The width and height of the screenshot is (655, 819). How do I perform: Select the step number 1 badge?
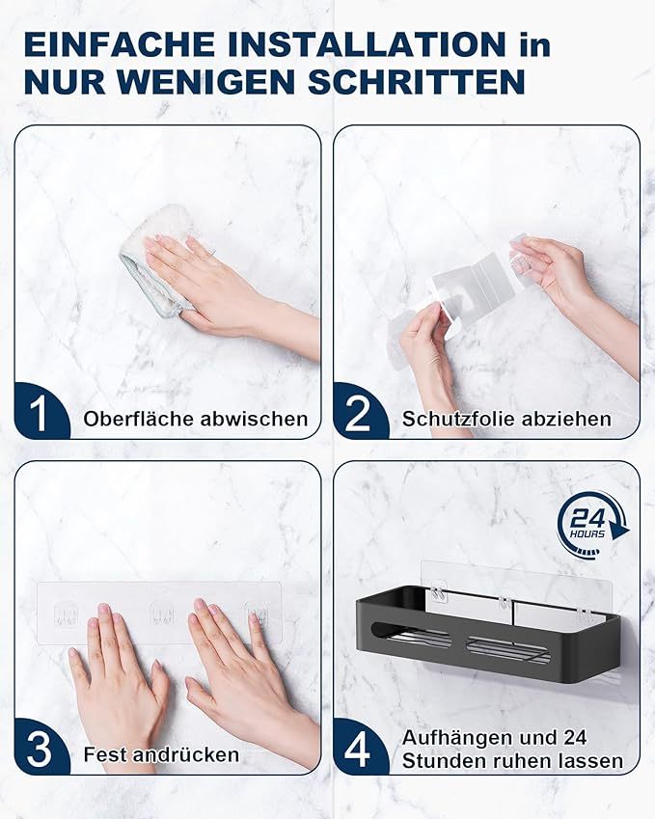tap(39, 415)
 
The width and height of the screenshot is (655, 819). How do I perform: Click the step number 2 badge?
tap(358, 415)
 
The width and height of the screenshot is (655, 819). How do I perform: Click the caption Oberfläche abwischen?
tap(196, 419)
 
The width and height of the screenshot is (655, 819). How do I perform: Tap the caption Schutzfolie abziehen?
tap(506, 419)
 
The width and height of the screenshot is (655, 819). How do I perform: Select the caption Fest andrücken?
tap(161, 754)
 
